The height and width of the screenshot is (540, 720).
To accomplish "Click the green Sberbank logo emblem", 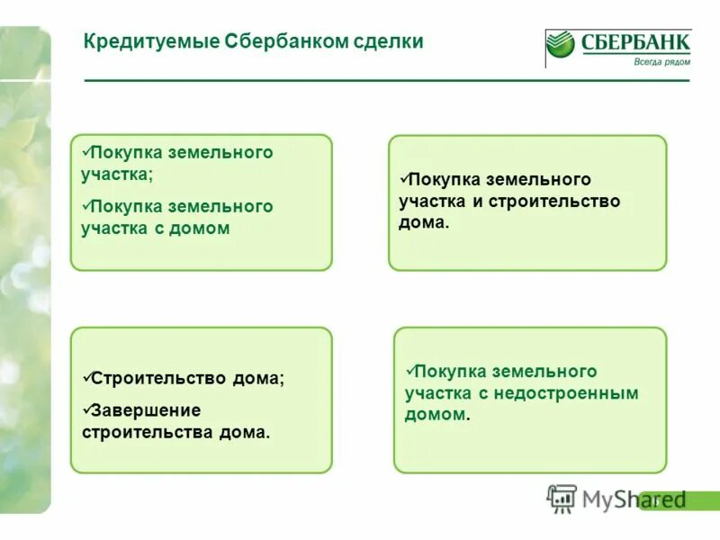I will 561,45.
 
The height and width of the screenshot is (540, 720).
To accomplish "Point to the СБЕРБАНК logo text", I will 634,41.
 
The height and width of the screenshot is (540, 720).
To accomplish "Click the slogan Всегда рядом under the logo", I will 661,61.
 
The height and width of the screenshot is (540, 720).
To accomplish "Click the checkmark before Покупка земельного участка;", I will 85,151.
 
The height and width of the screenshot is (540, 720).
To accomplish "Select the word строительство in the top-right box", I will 554,202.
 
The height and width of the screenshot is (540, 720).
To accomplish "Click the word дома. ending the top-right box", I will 423,222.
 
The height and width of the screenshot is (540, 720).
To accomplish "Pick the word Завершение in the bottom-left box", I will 141,410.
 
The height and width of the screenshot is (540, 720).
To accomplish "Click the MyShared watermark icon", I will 562,498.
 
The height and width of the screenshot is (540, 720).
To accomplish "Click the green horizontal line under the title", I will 387,81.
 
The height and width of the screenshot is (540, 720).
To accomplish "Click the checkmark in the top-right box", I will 404,178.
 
